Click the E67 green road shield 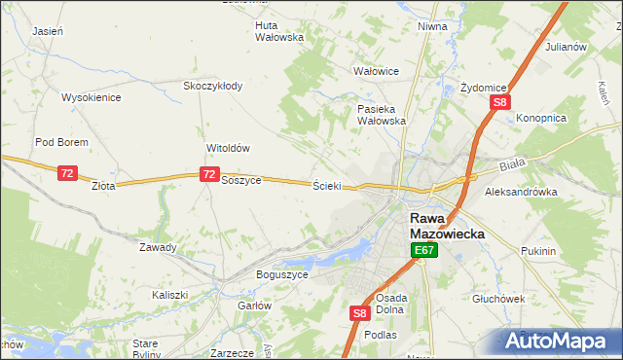(423, 251)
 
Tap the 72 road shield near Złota (67, 173)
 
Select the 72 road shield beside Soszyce (208, 174)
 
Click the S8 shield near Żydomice (499, 102)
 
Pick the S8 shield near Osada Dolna (359, 313)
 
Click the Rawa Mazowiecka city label (441, 227)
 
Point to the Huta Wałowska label (279, 31)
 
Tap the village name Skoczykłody (213, 86)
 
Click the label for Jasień (48, 31)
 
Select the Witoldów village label (229, 148)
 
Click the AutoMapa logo (560, 341)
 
